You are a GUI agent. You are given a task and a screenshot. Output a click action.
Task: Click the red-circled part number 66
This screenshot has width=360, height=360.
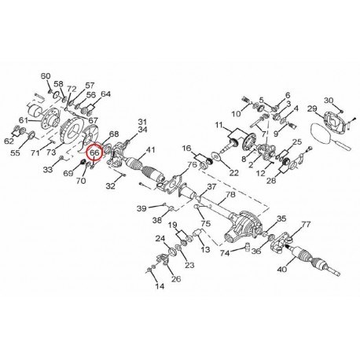tap(95, 152)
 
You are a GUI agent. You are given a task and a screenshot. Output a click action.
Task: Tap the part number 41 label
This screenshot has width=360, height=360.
tap(150, 150)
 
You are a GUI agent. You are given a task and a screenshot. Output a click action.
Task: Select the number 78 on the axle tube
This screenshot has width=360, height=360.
tap(230, 194)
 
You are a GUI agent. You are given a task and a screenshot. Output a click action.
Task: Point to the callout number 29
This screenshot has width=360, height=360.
tap(312, 108)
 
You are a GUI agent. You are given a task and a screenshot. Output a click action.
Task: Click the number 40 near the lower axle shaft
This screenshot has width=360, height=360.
tap(281, 269)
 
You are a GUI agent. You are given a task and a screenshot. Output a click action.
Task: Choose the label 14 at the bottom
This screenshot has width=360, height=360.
tap(160, 286)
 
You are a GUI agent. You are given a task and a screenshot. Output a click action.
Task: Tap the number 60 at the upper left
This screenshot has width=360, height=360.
tap(46, 76)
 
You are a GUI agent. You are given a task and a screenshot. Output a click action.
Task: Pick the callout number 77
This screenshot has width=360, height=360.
tap(306, 224)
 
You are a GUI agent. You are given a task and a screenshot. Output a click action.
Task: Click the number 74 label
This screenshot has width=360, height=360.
tap(225, 253)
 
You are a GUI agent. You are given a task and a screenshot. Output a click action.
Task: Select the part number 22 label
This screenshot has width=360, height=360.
tap(233, 173)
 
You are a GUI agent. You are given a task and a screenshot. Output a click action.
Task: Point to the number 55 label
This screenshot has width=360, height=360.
tap(15, 153)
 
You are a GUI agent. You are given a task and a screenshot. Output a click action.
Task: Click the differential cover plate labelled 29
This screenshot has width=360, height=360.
tap(334, 121)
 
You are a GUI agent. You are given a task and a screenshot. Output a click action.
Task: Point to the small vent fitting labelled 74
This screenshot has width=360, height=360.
tap(247, 247)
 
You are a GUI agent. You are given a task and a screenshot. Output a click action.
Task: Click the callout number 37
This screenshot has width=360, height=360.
tap(211, 187)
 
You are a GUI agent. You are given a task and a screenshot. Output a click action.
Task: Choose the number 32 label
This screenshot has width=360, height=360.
tap(111, 186)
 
